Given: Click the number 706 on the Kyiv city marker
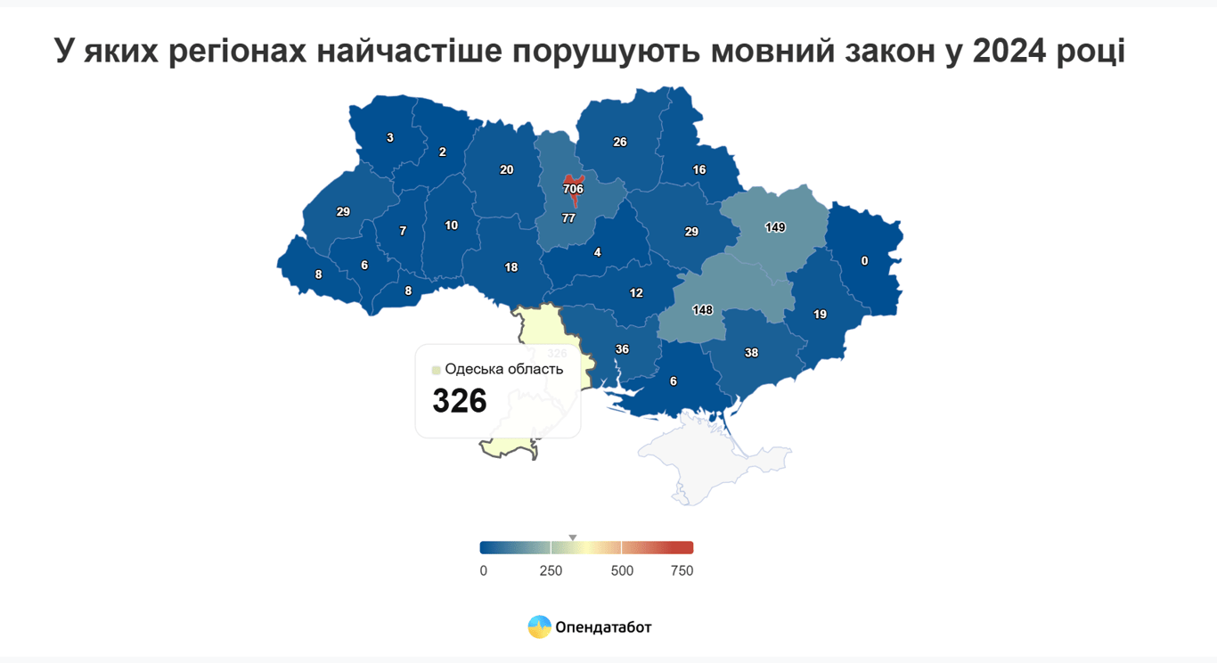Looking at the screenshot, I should pyautogui.click(x=573, y=189).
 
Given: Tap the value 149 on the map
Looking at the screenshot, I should pyautogui.click(x=775, y=227).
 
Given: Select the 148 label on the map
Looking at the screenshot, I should pyautogui.click(x=702, y=310).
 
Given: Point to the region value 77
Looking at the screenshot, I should pyautogui.click(x=568, y=218).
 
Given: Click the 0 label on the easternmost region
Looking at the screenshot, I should pyautogui.click(x=864, y=261).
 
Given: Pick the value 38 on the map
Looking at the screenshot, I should pyautogui.click(x=751, y=353).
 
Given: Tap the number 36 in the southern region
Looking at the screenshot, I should pyautogui.click(x=622, y=349).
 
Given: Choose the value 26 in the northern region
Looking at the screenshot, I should pyautogui.click(x=620, y=142).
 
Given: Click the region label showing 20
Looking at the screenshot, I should pyautogui.click(x=506, y=169).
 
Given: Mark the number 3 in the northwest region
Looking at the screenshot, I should pyautogui.click(x=389, y=137).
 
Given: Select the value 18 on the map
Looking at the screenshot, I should pyautogui.click(x=510, y=267).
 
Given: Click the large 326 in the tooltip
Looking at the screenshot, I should pyautogui.click(x=460, y=401).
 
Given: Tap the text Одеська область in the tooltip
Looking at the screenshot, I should pyautogui.click(x=503, y=369).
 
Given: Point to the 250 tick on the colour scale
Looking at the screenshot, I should pyautogui.click(x=551, y=570).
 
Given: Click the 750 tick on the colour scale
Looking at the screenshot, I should pyautogui.click(x=682, y=570).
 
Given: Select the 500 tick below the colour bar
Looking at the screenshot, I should pyautogui.click(x=622, y=570).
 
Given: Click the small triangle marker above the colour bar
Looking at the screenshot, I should pyautogui.click(x=573, y=537).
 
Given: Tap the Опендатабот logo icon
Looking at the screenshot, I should pyautogui.click(x=539, y=627).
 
